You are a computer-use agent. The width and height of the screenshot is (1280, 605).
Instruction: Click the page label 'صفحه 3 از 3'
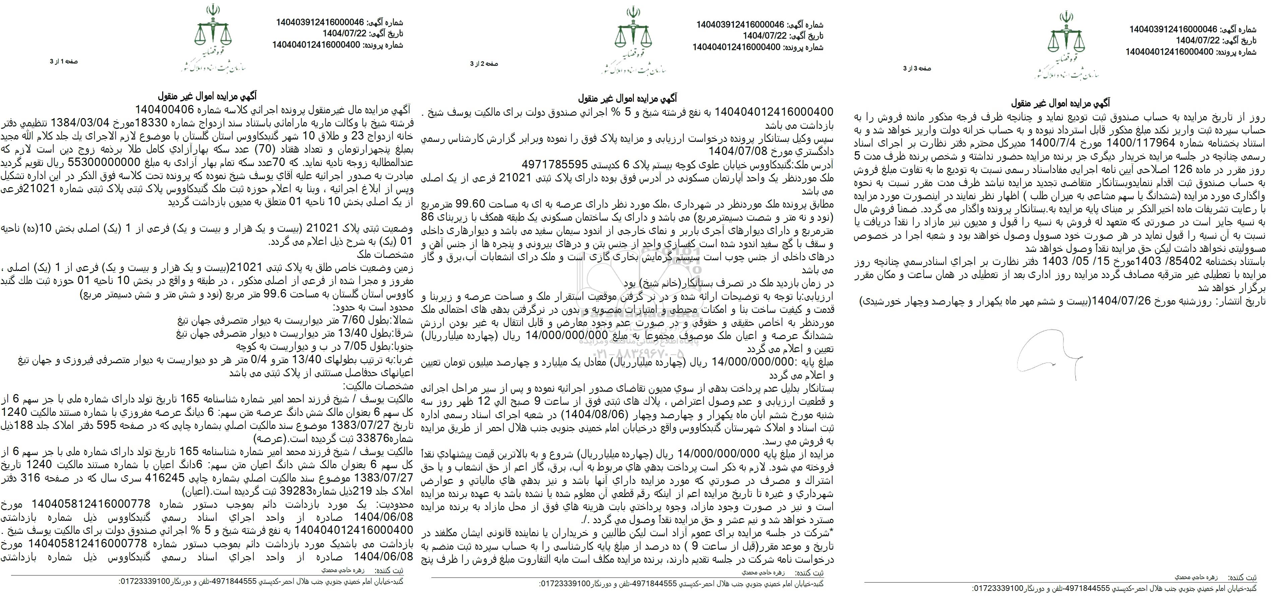click(x=917, y=69)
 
